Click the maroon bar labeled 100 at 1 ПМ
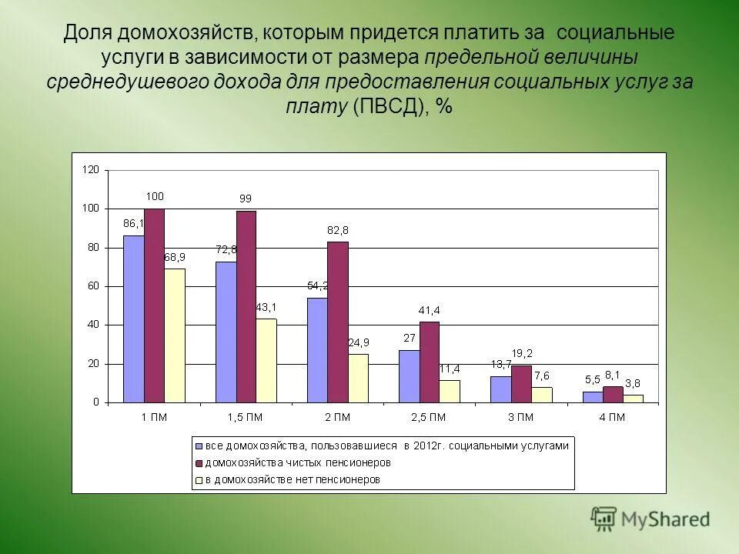[154, 305]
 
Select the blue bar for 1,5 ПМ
[226, 332]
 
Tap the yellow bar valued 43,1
[266, 360]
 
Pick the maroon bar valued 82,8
[337, 322]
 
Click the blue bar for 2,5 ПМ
[409, 376]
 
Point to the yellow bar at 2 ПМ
[358, 378]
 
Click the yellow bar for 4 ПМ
[633, 399]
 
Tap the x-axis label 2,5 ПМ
[429, 418]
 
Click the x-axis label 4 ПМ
[612, 418]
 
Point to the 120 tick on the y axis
[92, 170]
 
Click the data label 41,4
[429, 310]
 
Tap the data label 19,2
[522, 353]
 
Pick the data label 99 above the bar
[245, 199]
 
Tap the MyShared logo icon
[604, 519]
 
